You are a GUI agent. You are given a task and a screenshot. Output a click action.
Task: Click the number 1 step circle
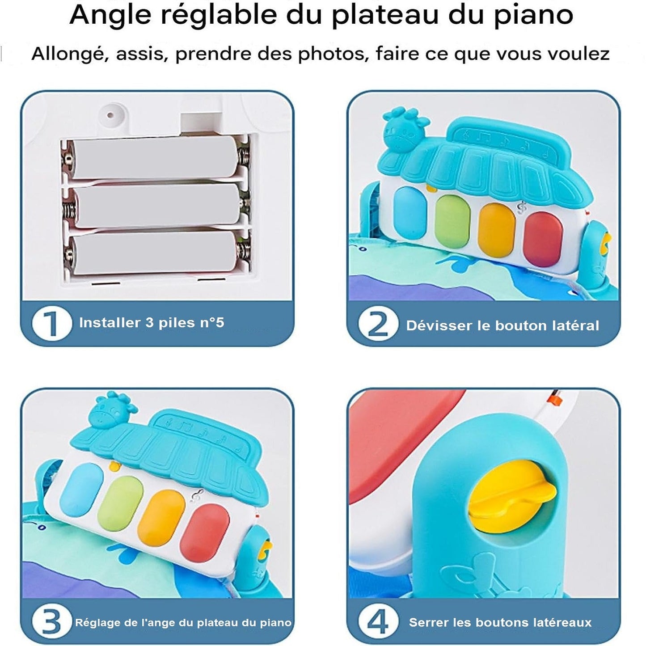[52, 324]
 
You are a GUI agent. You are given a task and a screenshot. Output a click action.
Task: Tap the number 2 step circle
[379, 324]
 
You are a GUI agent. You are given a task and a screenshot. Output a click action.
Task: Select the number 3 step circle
[52, 621]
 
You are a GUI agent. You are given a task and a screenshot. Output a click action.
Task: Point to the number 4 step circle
[379, 621]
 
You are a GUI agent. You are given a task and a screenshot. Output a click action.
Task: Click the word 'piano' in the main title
[534, 15]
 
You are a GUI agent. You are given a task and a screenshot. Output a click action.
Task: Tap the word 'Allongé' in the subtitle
[70, 54]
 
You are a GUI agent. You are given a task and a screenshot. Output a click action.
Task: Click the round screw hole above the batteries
[110, 115]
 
